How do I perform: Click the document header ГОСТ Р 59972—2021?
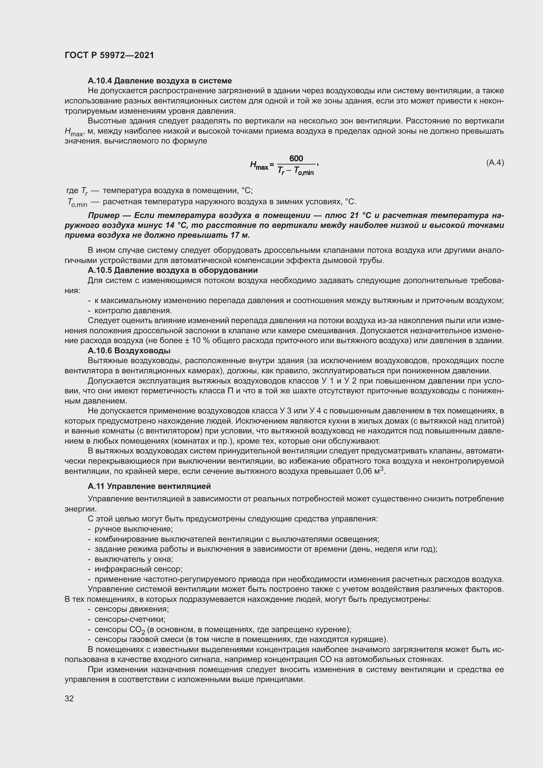click(109, 55)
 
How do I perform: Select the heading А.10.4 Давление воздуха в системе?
click(160, 81)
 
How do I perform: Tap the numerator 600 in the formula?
click(296, 158)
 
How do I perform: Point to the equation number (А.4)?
click(495, 163)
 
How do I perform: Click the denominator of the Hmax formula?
click(296, 171)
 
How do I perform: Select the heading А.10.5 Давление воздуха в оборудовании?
click(173, 270)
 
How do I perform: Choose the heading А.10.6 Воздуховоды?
click(129, 351)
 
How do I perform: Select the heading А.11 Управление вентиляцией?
click(149, 486)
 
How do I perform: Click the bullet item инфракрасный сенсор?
click(138, 569)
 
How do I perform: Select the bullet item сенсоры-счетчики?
click(130, 620)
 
